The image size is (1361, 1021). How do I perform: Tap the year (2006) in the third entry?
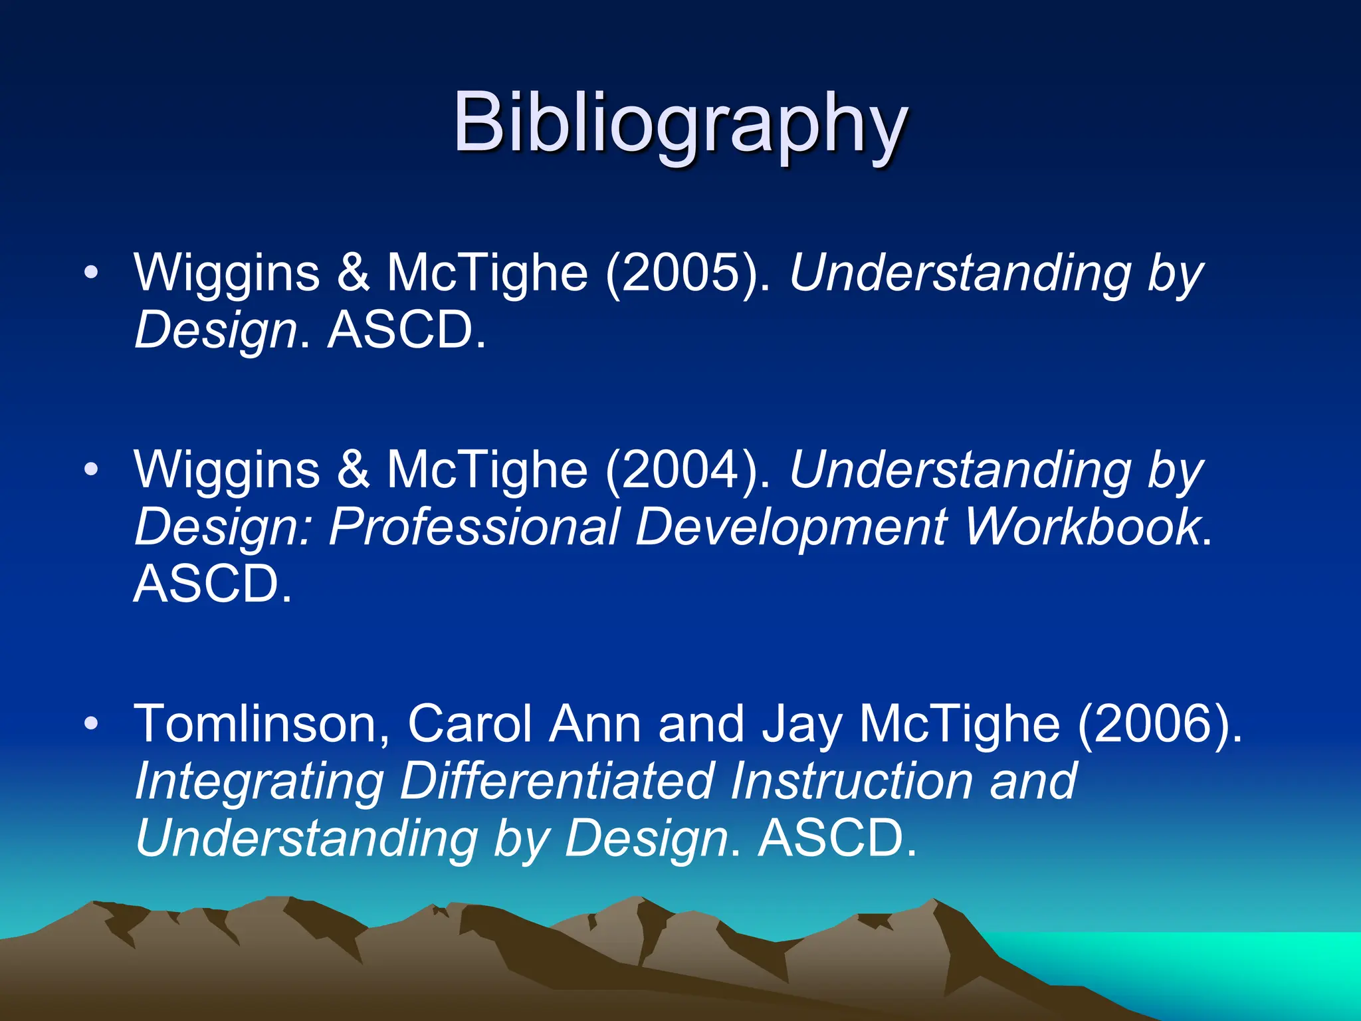[x=1160, y=725]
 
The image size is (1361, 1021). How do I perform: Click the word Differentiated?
[x=557, y=782]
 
